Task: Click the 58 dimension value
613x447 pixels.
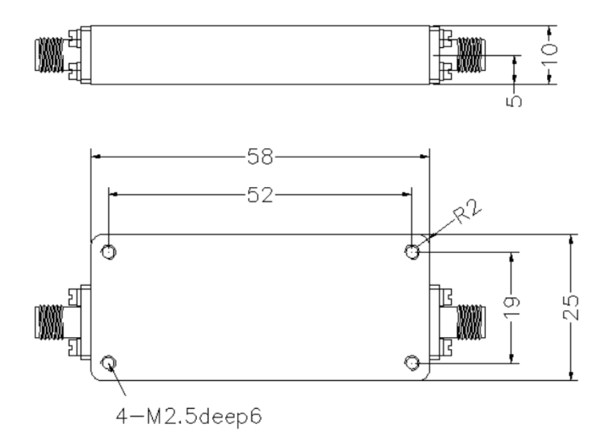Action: click(261, 157)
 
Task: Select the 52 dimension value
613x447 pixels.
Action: click(261, 195)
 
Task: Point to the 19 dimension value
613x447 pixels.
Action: click(512, 307)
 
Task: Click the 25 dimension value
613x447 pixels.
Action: click(571, 307)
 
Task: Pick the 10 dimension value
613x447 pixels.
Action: click(549, 54)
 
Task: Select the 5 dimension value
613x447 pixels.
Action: click(514, 101)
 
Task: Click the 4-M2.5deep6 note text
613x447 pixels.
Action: click(189, 416)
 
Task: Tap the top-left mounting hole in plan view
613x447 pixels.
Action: click(108, 252)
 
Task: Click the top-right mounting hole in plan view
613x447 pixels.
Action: click(412, 252)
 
